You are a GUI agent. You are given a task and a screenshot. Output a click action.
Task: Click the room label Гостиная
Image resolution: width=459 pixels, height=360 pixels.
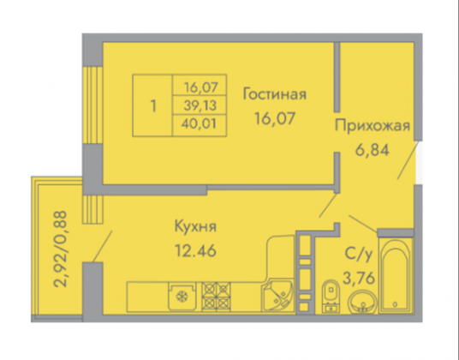click(275, 94)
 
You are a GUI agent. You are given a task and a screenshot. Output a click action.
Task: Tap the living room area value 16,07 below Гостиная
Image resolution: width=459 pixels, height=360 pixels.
click(275, 118)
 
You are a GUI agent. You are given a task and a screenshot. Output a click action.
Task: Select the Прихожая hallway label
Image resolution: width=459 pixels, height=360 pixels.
click(373, 126)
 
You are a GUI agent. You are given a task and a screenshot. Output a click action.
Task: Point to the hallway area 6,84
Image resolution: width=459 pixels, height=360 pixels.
click(372, 150)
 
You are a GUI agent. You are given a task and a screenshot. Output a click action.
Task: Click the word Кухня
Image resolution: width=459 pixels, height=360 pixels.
click(195, 226)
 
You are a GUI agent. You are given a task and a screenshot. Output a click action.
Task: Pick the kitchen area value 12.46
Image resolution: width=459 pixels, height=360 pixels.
click(195, 251)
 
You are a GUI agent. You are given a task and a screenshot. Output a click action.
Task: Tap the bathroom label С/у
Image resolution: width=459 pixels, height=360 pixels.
click(359, 255)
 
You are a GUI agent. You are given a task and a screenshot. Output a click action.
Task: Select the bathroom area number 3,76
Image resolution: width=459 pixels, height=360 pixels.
click(359, 278)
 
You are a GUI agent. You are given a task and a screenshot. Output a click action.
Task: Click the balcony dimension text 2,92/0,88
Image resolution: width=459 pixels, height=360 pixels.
click(61, 249)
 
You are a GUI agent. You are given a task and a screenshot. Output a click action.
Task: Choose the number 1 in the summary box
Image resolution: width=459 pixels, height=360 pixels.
click(153, 105)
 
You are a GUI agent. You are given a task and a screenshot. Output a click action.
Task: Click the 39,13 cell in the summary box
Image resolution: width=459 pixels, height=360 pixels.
click(200, 105)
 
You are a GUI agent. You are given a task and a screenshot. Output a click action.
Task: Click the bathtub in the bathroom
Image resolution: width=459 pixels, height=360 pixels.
click(396, 276)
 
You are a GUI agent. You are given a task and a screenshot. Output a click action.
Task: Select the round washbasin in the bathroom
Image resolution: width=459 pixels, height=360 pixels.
click(362, 302)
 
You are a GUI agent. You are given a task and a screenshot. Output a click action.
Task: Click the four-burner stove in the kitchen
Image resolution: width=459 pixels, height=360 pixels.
click(216, 297)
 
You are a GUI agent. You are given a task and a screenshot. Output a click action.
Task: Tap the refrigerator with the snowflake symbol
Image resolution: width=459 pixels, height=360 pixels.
click(182, 297)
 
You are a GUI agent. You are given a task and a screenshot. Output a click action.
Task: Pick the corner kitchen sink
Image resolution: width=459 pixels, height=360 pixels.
click(277, 295)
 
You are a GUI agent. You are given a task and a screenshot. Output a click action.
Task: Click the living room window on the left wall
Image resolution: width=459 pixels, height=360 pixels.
click(92, 105)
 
